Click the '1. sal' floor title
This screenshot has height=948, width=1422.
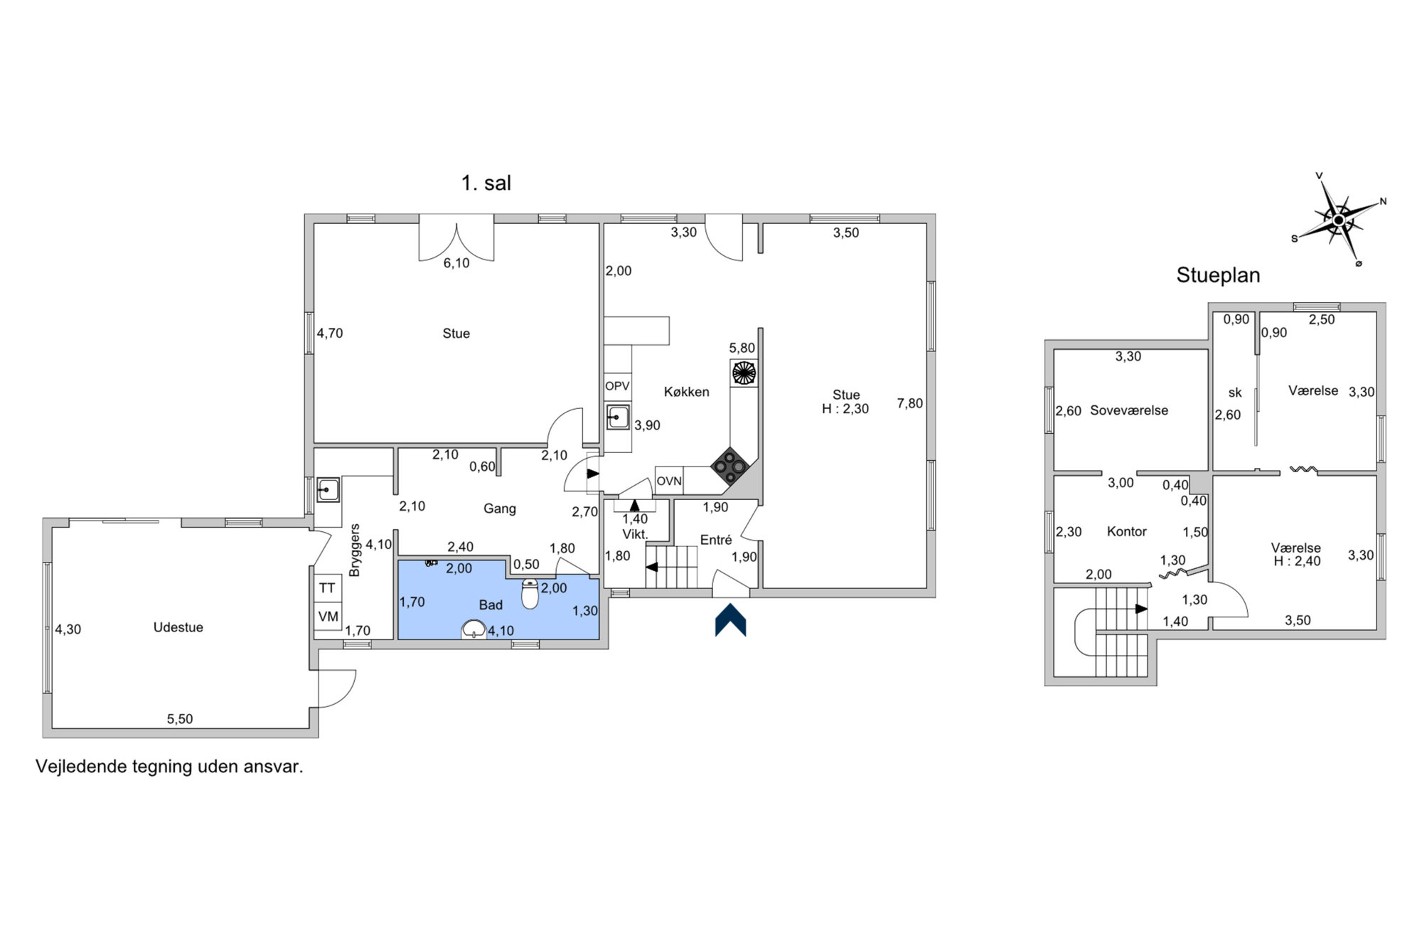[486, 183]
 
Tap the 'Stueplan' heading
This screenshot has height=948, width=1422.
[1218, 275]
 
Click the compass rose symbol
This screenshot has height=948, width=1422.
[1339, 220]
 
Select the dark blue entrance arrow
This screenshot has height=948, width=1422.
[730, 620]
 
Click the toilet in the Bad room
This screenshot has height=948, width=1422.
[530, 594]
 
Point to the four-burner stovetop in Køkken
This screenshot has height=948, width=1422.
[730, 466]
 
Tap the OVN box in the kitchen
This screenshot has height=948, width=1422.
[669, 481]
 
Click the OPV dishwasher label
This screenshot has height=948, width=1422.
[617, 386]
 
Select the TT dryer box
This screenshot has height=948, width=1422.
[327, 588]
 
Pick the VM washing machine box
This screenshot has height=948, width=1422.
[328, 616]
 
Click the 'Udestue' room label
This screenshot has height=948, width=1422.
[178, 627]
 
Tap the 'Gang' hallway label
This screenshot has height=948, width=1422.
[500, 508]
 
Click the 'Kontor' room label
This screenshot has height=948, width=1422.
[1127, 531]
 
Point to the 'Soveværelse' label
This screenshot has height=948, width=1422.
[1129, 410]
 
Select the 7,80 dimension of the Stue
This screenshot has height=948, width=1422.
[910, 403]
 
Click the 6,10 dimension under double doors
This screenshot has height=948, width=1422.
[456, 263]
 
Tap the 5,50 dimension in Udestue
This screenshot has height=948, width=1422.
[180, 719]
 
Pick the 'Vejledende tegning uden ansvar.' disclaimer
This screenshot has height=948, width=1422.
[169, 767]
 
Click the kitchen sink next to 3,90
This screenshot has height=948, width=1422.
[618, 417]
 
